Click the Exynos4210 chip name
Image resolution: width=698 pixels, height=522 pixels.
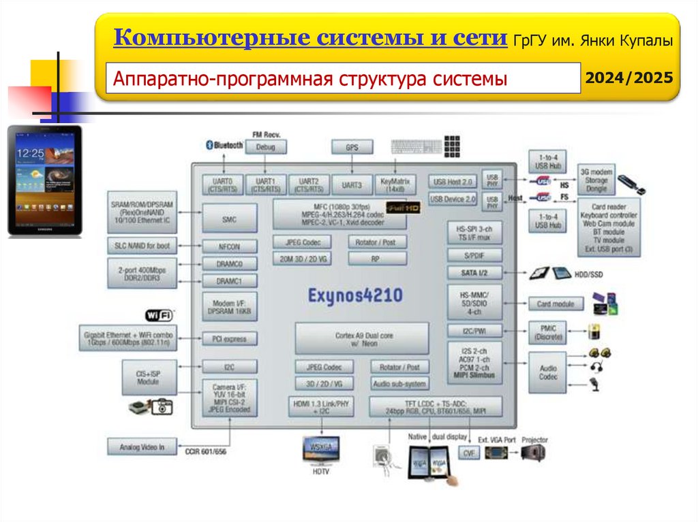pos(354,295)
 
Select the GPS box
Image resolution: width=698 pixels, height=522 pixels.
pos(352,147)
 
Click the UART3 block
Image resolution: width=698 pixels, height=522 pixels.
pos(352,185)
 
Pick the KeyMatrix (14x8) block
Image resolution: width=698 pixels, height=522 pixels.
pos(395,185)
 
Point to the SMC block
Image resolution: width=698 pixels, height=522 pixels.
pos(229,219)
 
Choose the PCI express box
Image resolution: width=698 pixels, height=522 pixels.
pos(230,338)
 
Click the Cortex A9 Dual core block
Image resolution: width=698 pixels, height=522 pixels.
pos(361,338)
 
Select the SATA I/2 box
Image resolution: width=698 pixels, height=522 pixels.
pos(474,273)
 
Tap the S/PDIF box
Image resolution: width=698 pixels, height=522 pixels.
pos(474,255)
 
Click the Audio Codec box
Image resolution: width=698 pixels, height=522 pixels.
pos(548,372)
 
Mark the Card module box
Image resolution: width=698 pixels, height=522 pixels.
pos(556,304)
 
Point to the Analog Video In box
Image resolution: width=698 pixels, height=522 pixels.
pos(142,447)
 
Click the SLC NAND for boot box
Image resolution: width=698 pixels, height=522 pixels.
pos(142,245)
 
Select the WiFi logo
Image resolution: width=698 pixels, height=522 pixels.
pos(158,315)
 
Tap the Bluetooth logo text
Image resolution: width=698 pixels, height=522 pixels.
pos(224,145)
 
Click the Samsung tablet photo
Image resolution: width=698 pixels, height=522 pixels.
pos(44,181)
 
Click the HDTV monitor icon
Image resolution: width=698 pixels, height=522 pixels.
pos(320,450)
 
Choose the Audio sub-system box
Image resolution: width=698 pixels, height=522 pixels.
pos(400,384)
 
